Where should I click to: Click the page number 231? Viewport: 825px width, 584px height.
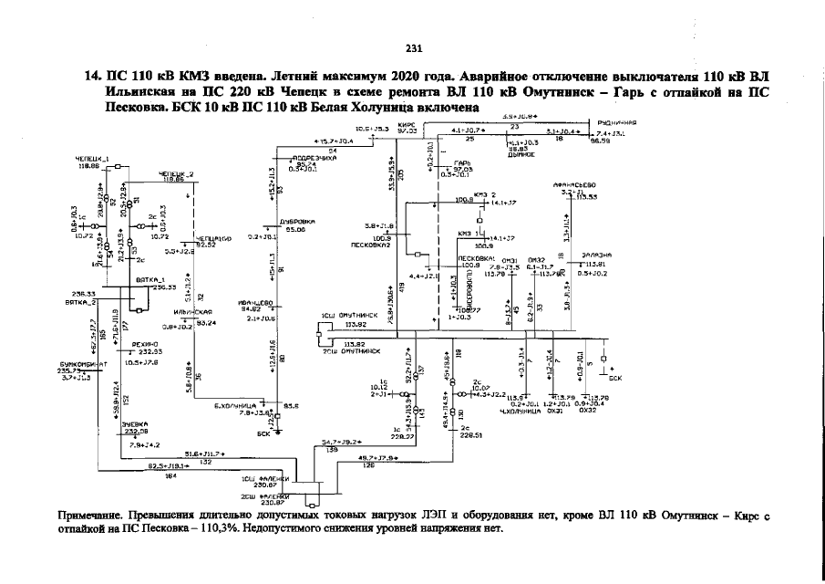coord(412,48)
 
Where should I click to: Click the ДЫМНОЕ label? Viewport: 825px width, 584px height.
coord(520,154)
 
